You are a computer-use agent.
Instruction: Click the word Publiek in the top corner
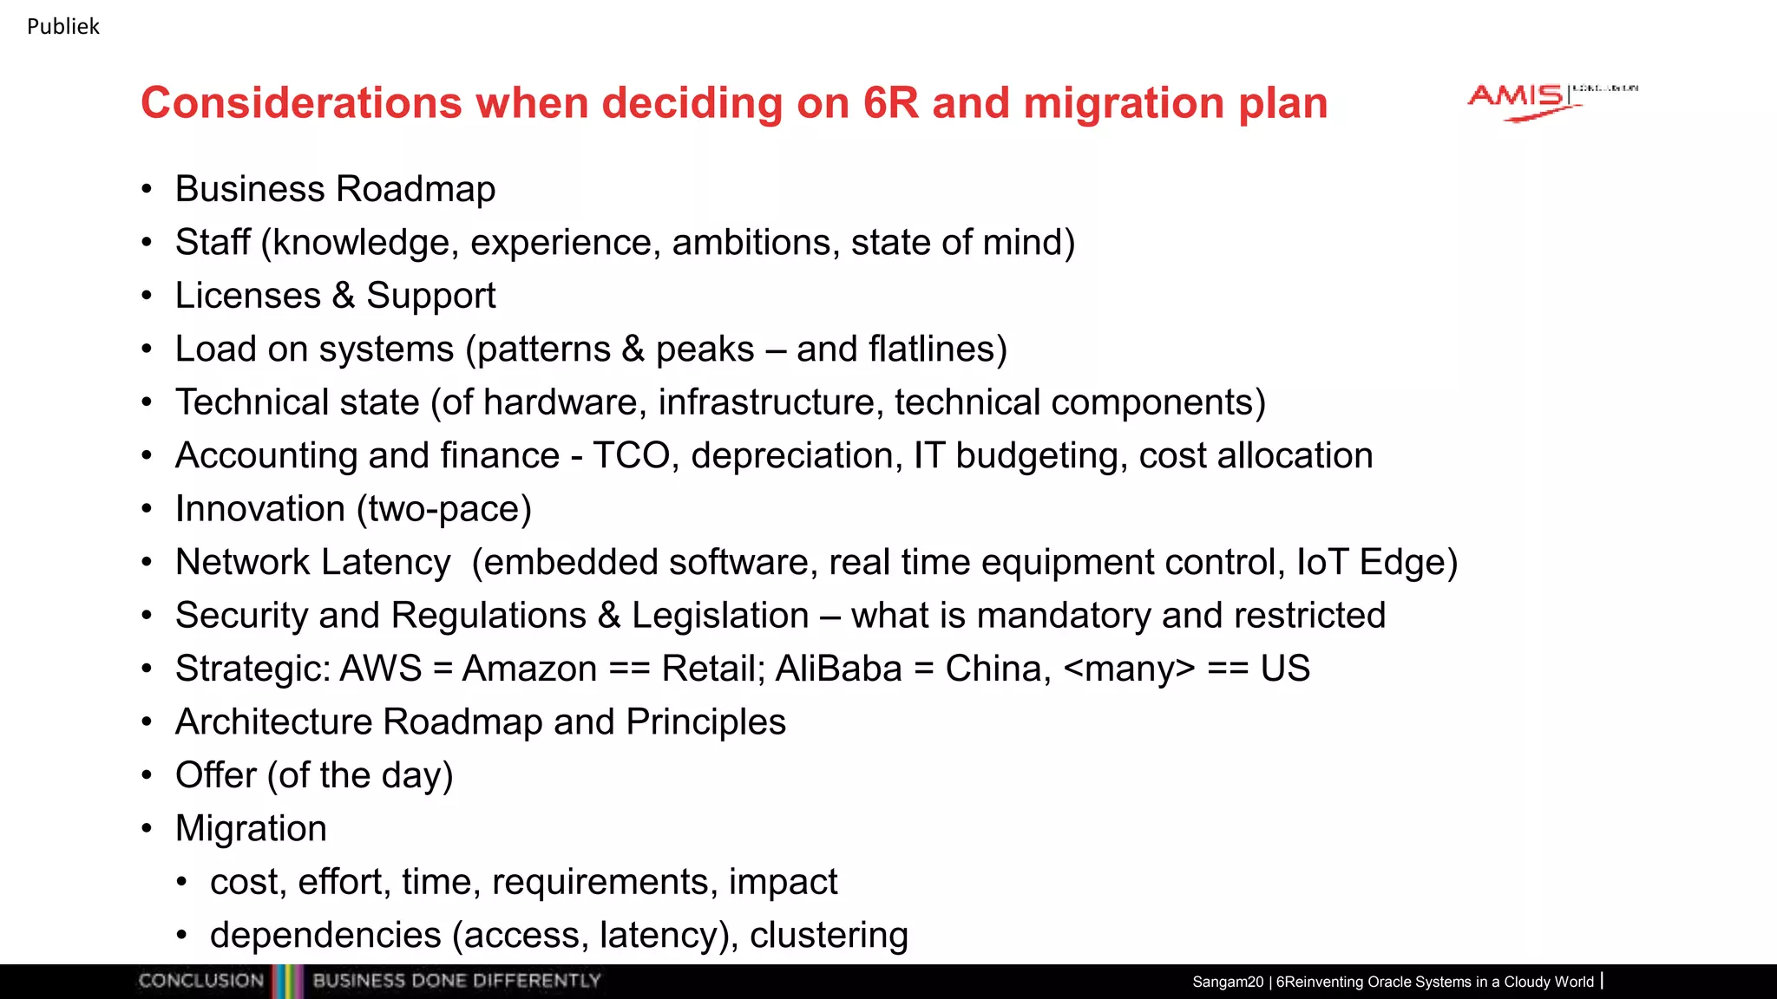click(x=63, y=27)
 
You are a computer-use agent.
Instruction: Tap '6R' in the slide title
click(x=890, y=103)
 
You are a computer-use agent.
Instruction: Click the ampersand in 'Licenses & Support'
click(x=344, y=296)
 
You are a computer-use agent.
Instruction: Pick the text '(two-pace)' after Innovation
click(x=443, y=509)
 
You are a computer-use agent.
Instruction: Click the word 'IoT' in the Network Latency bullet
click(x=1322, y=562)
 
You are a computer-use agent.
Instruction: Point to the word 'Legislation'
click(x=720, y=616)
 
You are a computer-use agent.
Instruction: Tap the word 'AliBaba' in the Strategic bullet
click(x=839, y=669)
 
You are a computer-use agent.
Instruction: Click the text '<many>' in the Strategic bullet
click(x=1129, y=669)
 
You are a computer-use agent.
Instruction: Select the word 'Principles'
click(x=705, y=722)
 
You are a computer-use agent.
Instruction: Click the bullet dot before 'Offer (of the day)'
click(x=147, y=774)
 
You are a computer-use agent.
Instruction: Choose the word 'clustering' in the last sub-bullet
click(x=829, y=935)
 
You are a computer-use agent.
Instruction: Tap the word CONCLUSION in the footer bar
click(x=201, y=981)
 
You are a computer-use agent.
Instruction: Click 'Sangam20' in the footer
click(x=1227, y=982)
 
